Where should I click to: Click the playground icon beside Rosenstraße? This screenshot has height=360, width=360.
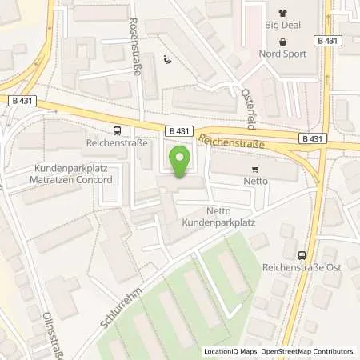click(166, 60)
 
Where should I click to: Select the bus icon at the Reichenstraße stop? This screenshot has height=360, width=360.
click(118, 130)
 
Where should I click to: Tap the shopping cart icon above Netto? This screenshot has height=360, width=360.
click(255, 169)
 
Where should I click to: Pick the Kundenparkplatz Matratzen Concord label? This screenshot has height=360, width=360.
click(73, 174)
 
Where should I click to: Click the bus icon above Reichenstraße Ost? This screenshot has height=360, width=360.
click(301, 255)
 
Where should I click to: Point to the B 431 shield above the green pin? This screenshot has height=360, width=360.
click(180, 129)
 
